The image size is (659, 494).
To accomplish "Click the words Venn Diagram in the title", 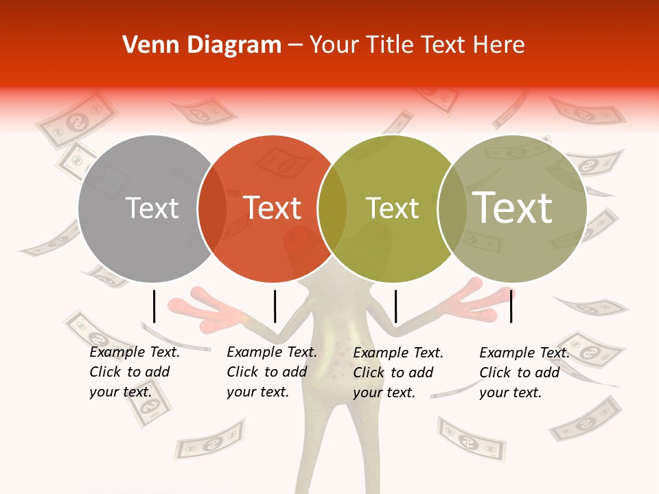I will (x=202, y=45).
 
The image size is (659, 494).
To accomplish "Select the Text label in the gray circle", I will (x=152, y=208).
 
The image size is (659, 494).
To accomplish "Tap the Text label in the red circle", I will (x=273, y=208).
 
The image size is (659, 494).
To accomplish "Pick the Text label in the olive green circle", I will (x=392, y=208).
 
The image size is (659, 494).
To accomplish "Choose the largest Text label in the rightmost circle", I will (x=513, y=208).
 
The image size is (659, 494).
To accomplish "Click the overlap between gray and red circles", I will (x=211, y=209).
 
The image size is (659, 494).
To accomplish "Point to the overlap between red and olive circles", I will (x=332, y=209).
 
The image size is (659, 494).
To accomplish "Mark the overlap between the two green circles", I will (x=451, y=209).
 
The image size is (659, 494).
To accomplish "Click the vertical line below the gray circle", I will (x=154, y=306).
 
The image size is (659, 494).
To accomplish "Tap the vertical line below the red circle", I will (x=275, y=306).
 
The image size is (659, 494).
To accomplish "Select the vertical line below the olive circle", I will (x=395, y=306).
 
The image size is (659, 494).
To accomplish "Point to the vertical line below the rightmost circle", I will (x=511, y=306).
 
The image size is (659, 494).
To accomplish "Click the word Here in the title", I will (x=500, y=45).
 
